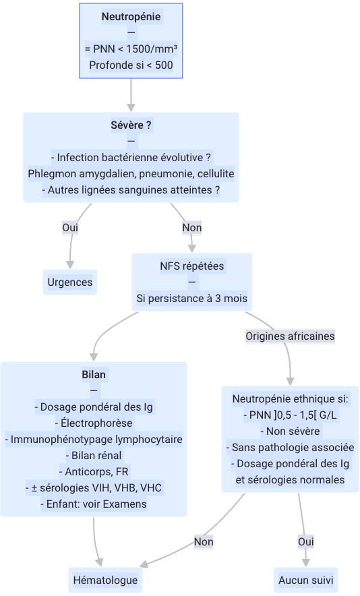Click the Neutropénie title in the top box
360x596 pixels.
pyautogui.click(x=131, y=17)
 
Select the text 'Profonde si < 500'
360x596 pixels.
pyautogui.click(x=131, y=65)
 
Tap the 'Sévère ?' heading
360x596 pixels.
pyautogui.click(x=131, y=125)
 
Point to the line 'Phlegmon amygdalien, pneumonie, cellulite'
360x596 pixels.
pyautogui.click(x=131, y=174)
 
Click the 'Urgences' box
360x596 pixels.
pyautogui.click(x=70, y=282)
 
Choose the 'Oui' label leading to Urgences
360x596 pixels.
pyautogui.click(x=70, y=228)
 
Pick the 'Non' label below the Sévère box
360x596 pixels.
pyautogui.click(x=192, y=228)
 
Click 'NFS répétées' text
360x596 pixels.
pyautogui.click(x=192, y=266)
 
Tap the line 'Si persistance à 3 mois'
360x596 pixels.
pyautogui.click(x=192, y=299)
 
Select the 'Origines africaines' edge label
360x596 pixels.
pyautogui.click(x=290, y=336)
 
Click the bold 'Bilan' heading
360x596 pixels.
pyautogui.click(x=94, y=374)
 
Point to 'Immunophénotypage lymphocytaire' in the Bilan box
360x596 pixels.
pyautogui.click(x=94, y=440)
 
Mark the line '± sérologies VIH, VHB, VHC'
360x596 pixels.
pyautogui.click(x=94, y=487)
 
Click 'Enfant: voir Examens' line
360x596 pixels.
pyautogui.click(x=94, y=504)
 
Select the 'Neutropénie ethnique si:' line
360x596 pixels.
pyautogui.click(x=290, y=399)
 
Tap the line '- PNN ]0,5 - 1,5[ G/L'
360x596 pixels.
pyautogui.click(x=290, y=415)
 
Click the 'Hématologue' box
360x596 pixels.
pyautogui.click(x=105, y=580)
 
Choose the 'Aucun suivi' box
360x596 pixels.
pyautogui.click(x=305, y=580)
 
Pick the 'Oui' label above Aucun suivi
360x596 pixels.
pyautogui.click(x=306, y=541)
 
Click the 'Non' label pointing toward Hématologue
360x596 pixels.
pyautogui.click(x=204, y=541)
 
